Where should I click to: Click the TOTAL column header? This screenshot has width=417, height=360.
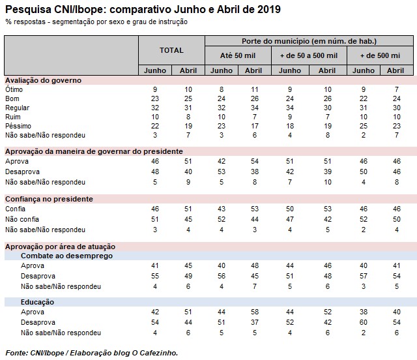coord(172,50)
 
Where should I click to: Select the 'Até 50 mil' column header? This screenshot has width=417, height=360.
coord(238,56)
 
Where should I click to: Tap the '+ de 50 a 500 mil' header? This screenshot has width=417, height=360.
coord(309,56)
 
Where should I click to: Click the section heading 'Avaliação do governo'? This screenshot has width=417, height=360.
coord(43,80)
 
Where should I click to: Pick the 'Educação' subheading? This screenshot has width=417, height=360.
coord(37,303)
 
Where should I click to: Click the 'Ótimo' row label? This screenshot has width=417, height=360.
coord(14,88)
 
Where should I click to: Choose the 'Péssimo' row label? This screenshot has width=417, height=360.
coord(18,125)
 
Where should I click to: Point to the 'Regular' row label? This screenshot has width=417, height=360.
coord(18,106)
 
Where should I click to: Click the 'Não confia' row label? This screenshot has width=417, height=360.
coord(22,220)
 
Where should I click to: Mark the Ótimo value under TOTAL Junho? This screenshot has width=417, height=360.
coord(155,89)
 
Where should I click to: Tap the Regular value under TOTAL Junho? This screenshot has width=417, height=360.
coord(155,106)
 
